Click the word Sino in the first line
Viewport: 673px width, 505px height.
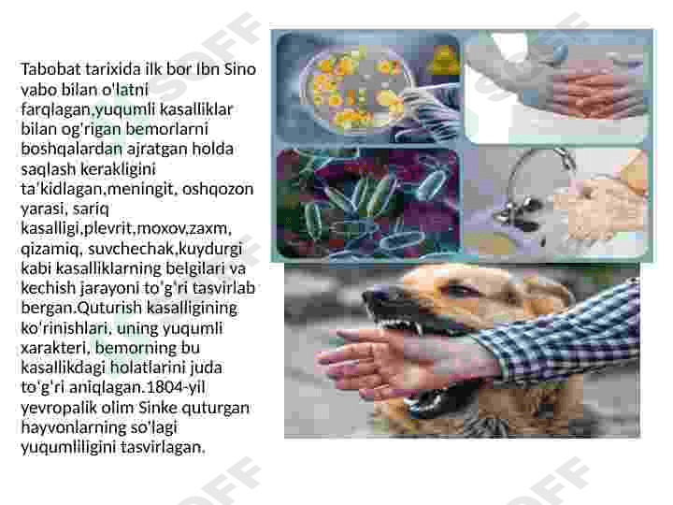pos(239,69)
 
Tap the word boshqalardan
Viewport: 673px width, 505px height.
pos(72,149)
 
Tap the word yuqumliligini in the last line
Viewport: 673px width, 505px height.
pos(68,447)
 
